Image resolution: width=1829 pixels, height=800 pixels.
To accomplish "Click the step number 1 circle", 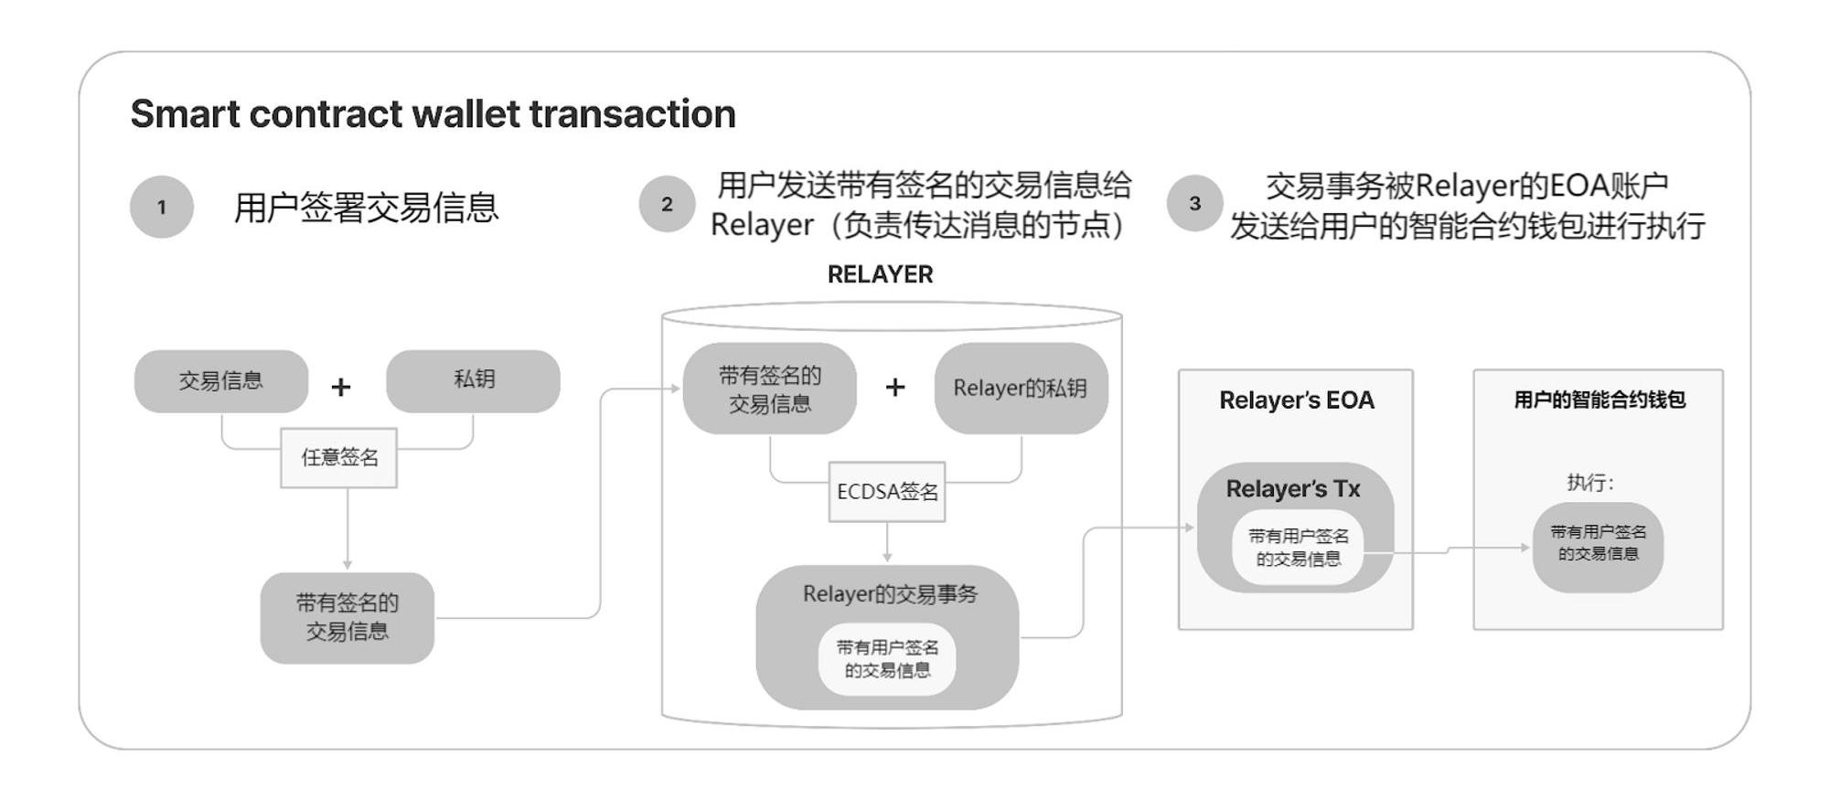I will click(x=162, y=207).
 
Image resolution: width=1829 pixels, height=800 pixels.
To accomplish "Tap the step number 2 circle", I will click(x=667, y=204).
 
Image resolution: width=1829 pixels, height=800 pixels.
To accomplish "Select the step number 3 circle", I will click(x=1194, y=203).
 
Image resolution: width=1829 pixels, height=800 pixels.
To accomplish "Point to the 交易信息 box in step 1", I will click(x=221, y=380).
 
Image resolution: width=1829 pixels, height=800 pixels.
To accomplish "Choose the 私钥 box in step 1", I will click(x=473, y=380).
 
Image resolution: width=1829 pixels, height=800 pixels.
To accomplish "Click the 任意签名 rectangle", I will click(x=338, y=457).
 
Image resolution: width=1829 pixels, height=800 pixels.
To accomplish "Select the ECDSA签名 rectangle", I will click(x=887, y=492).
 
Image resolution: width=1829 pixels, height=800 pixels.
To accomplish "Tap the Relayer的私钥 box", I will click(x=1021, y=388).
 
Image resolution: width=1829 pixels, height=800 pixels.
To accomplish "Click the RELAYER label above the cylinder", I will click(x=880, y=274).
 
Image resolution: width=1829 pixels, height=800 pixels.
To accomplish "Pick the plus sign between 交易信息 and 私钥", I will click(x=341, y=387).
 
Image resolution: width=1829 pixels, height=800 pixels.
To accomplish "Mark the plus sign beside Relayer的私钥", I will click(x=895, y=387).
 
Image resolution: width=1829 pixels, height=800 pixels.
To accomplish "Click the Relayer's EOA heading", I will click(x=1296, y=400).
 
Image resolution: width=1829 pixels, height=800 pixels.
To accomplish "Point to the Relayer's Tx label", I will click(x=1293, y=489).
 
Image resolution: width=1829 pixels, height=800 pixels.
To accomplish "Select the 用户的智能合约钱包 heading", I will click(x=1599, y=400).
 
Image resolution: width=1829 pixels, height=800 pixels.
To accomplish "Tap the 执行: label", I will click(x=1590, y=483).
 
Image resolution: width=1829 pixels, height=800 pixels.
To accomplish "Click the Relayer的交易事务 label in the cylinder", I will click(x=890, y=594).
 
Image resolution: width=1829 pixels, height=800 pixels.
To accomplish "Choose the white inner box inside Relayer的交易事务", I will click(x=887, y=659).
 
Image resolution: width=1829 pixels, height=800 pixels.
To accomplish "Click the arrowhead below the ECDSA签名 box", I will click(x=887, y=556).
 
